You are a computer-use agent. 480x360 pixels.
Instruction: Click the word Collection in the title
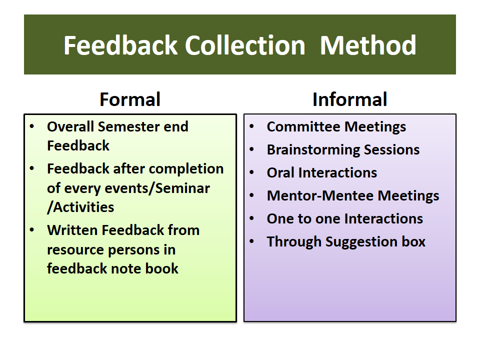coord(245,45)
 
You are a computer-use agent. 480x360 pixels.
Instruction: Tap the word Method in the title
coord(368,45)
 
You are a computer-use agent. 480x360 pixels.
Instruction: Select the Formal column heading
coord(130,99)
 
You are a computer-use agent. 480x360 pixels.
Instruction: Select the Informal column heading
coord(349,99)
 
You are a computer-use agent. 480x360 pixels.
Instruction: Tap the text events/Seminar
coord(157,188)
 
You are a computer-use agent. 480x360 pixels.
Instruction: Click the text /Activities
coord(80,207)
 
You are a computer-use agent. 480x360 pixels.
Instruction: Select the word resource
coord(76,250)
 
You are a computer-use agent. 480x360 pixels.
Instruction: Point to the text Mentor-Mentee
coord(320,195)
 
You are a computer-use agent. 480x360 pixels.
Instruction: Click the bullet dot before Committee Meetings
coord(251,126)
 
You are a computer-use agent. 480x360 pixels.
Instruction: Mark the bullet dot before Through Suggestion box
coord(251,241)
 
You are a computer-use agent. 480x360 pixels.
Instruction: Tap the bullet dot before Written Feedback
coord(32,229)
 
